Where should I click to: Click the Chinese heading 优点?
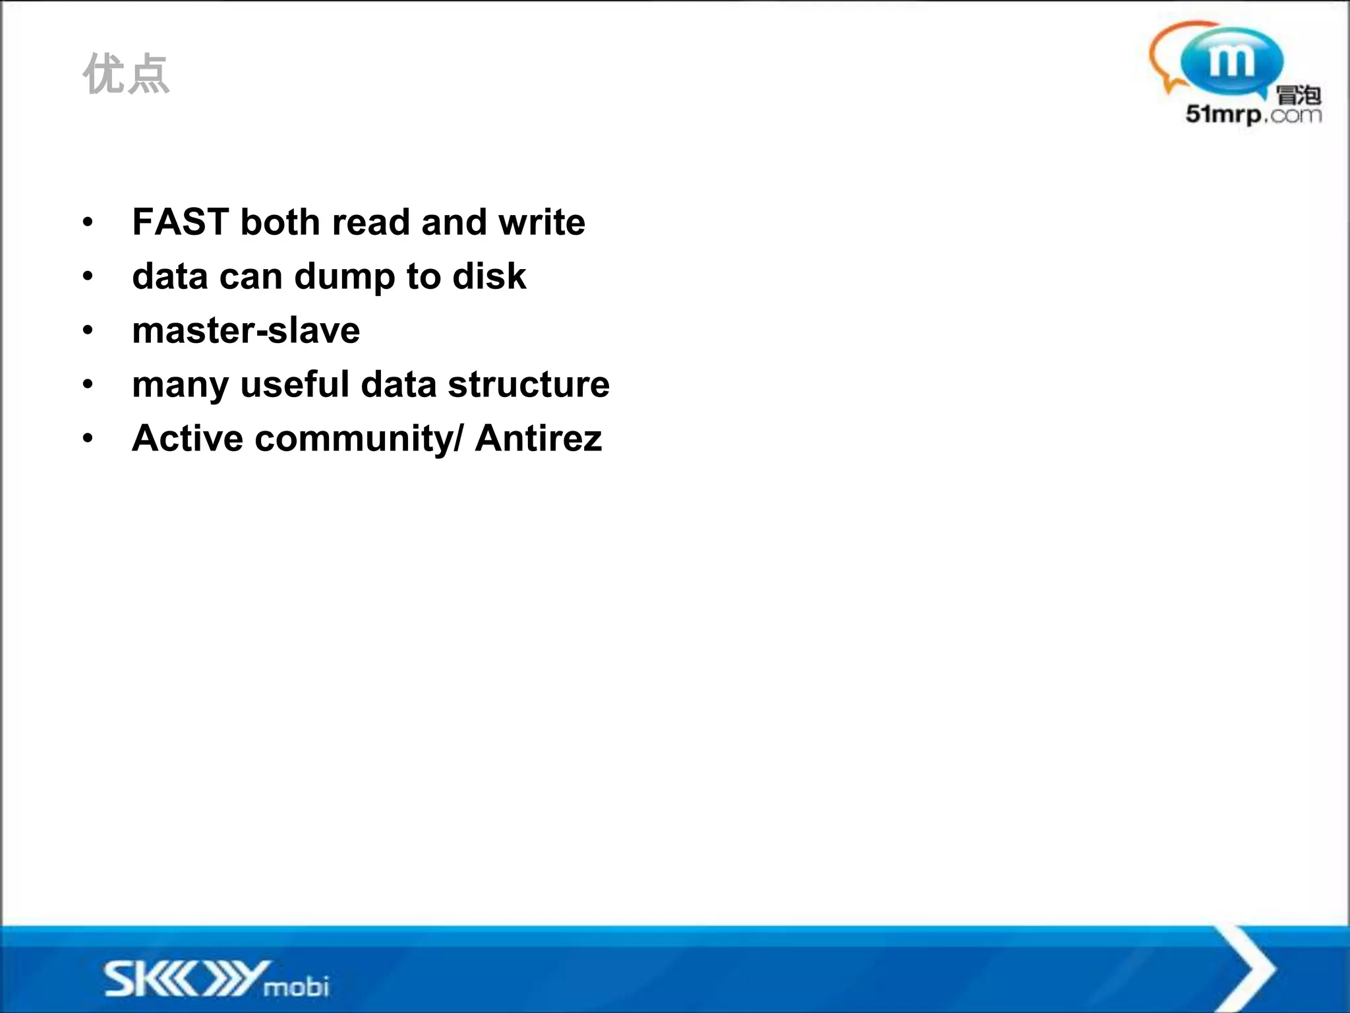tap(126, 75)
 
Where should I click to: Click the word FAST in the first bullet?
tap(180, 222)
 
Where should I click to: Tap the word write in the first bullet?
tap(542, 222)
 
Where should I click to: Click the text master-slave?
tap(246, 330)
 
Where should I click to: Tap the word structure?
tap(529, 384)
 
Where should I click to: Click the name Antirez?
tap(539, 439)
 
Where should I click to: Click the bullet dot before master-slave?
tap(88, 330)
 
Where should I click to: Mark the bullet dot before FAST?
tap(88, 222)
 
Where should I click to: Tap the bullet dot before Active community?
tap(88, 439)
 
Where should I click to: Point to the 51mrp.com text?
tap(1253, 115)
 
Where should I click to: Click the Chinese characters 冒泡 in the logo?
tap(1299, 95)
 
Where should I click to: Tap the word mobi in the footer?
tap(296, 987)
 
